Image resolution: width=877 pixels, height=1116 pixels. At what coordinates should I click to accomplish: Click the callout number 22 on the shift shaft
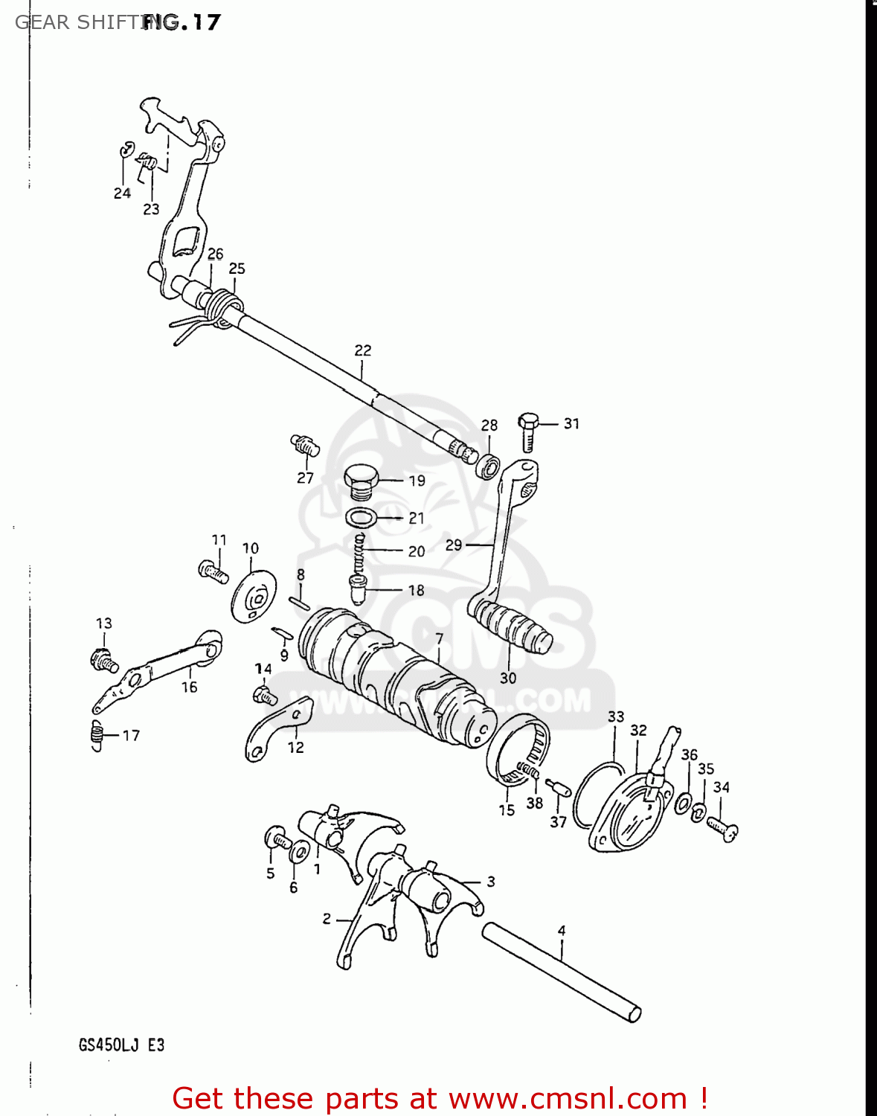[x=363, y=350]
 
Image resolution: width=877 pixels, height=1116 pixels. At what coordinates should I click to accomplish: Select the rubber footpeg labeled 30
[x=510, y=628]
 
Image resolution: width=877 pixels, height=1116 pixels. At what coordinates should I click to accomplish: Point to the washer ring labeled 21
[x=362, y=517]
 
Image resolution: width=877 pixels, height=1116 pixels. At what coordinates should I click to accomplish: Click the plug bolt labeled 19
[x=362, y=481]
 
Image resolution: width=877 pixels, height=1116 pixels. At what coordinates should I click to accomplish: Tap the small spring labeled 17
[x=97, y=737]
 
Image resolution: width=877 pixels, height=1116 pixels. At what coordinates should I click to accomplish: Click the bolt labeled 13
[x=101, y=659]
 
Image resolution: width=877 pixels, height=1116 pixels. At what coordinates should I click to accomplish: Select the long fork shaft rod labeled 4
[x=562, y=972]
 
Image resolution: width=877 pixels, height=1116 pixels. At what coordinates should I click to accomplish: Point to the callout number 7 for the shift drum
[x=439, y=638]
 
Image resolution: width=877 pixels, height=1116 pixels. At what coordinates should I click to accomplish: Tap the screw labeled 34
[x=722, y=827]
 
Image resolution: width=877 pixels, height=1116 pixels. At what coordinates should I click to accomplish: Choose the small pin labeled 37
[x=557, y=788]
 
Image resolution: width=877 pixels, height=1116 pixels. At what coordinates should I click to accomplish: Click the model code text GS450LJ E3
[x=121, y=1045]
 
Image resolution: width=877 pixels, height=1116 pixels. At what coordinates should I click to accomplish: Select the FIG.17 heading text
[x=181, y=22]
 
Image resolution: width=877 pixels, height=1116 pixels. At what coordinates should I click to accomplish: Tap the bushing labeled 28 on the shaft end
[x=487, y=466]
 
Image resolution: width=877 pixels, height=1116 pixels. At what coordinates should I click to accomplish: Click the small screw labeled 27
[x=304, y=445]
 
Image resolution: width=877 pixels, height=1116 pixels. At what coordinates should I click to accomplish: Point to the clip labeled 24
[x=125, y=151]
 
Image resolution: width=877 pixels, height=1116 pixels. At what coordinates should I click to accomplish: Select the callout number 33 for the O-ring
[x=616, y=716]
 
